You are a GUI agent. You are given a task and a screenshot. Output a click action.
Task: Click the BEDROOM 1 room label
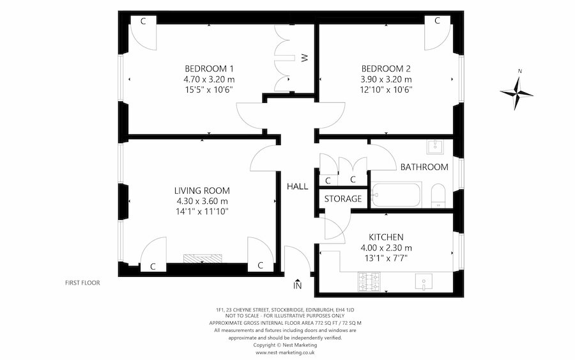point(209,68)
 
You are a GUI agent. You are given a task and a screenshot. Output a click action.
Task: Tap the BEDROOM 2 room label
point(386,68)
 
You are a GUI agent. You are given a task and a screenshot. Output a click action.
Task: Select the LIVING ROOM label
point(202,191)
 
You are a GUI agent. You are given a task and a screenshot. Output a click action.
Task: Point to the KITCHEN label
point(386,237)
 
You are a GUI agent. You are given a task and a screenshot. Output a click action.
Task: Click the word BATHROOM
point(424,168)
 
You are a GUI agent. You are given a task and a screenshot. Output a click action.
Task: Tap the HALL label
point(297,187)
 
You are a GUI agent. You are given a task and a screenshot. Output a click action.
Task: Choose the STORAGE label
point(343,199)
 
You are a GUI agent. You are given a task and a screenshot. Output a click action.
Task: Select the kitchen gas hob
point(369,282)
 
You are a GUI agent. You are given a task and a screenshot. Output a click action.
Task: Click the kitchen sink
point(424,282)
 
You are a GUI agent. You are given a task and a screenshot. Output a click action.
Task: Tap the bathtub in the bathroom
point(396,195)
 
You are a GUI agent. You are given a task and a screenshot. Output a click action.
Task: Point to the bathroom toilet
point(438,196)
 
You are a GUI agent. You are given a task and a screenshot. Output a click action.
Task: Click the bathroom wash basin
point(435,147)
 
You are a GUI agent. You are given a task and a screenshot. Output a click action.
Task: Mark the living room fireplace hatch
point(203,259)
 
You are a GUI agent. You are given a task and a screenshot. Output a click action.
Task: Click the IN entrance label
point(297,285)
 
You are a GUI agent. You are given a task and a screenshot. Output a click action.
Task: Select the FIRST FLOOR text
point(82,283)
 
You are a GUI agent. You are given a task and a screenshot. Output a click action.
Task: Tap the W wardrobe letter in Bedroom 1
point(305,58)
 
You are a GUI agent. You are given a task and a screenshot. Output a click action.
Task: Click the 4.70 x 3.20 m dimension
point(209,79)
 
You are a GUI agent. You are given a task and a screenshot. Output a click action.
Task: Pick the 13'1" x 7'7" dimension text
point(386,258)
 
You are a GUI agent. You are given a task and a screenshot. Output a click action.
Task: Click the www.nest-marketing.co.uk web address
point(285,352)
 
